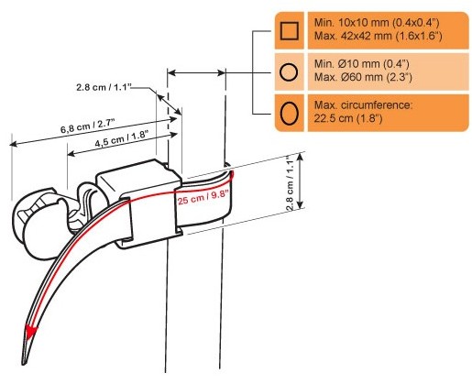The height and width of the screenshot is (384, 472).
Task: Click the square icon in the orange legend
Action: [289, 31]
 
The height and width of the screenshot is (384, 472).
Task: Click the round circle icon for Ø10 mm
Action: [289, 72]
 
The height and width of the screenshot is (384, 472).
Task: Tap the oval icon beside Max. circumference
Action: [289, 114]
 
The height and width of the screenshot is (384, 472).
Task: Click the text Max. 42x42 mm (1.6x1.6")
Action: [379, 36]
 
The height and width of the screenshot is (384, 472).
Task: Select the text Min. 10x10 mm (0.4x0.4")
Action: [377, 23]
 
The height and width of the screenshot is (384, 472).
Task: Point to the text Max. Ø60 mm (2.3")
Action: [363, 77]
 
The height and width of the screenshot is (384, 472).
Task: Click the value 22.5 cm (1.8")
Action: [348, 118]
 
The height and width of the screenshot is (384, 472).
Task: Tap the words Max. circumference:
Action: [363, 104]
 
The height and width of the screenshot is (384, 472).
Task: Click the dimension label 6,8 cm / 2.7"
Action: [87, 126]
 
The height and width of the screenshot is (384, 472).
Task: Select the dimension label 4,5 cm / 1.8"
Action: [121, 139]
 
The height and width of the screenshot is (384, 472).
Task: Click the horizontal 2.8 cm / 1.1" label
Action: [104, 87]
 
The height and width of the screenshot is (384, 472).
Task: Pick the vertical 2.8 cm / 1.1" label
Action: [290, 183]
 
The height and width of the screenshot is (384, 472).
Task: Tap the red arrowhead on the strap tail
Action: [30, 333]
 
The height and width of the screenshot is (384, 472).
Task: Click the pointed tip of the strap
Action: [24, 363]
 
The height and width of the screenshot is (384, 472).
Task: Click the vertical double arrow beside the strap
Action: [300, 181]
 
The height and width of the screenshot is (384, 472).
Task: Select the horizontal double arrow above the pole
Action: [197, 72]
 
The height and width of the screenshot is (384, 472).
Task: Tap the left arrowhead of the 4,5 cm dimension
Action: [71, 153]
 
